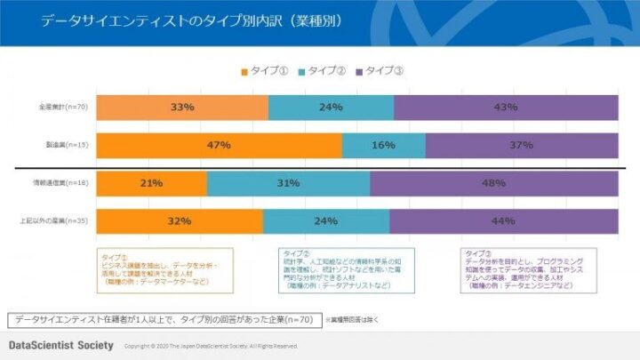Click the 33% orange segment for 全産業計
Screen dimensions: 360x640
(x=182, y=108)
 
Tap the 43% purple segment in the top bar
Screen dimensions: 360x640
(x=506, y=108)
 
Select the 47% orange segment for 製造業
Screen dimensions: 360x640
(x=219, y=145)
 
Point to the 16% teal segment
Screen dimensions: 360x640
(x=383, y=145)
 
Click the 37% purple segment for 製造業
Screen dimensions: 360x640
(x=522, y=145)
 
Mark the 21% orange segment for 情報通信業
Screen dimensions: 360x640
(x=151, y=184)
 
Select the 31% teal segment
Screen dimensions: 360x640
(x=288, y=184)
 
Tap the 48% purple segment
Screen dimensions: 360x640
(x=494, y=184)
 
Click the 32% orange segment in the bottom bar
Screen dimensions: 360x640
(x=180, y=221)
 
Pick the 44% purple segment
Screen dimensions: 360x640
(x=503, y=221)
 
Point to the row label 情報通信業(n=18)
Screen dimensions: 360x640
(x=60, y=184)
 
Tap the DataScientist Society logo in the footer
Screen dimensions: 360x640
(x=60, y=345)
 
